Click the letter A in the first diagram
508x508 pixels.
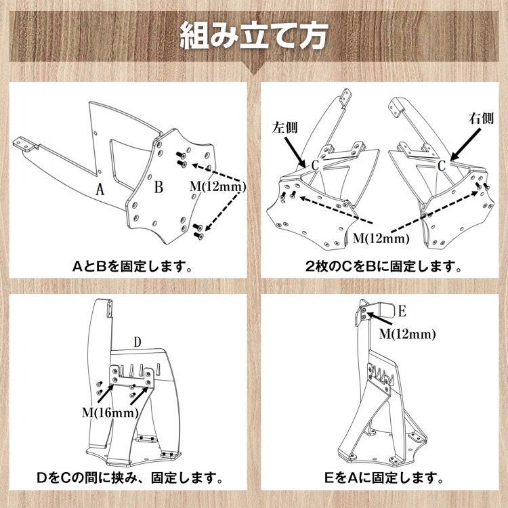point(100,190)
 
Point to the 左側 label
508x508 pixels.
point(285,127)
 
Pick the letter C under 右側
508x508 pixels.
point(441,165)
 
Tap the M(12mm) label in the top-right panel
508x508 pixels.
point(383,238)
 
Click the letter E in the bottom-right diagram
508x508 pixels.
point(402,312)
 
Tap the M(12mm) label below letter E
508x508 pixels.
point(407,333)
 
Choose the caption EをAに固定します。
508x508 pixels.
point(383,478)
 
